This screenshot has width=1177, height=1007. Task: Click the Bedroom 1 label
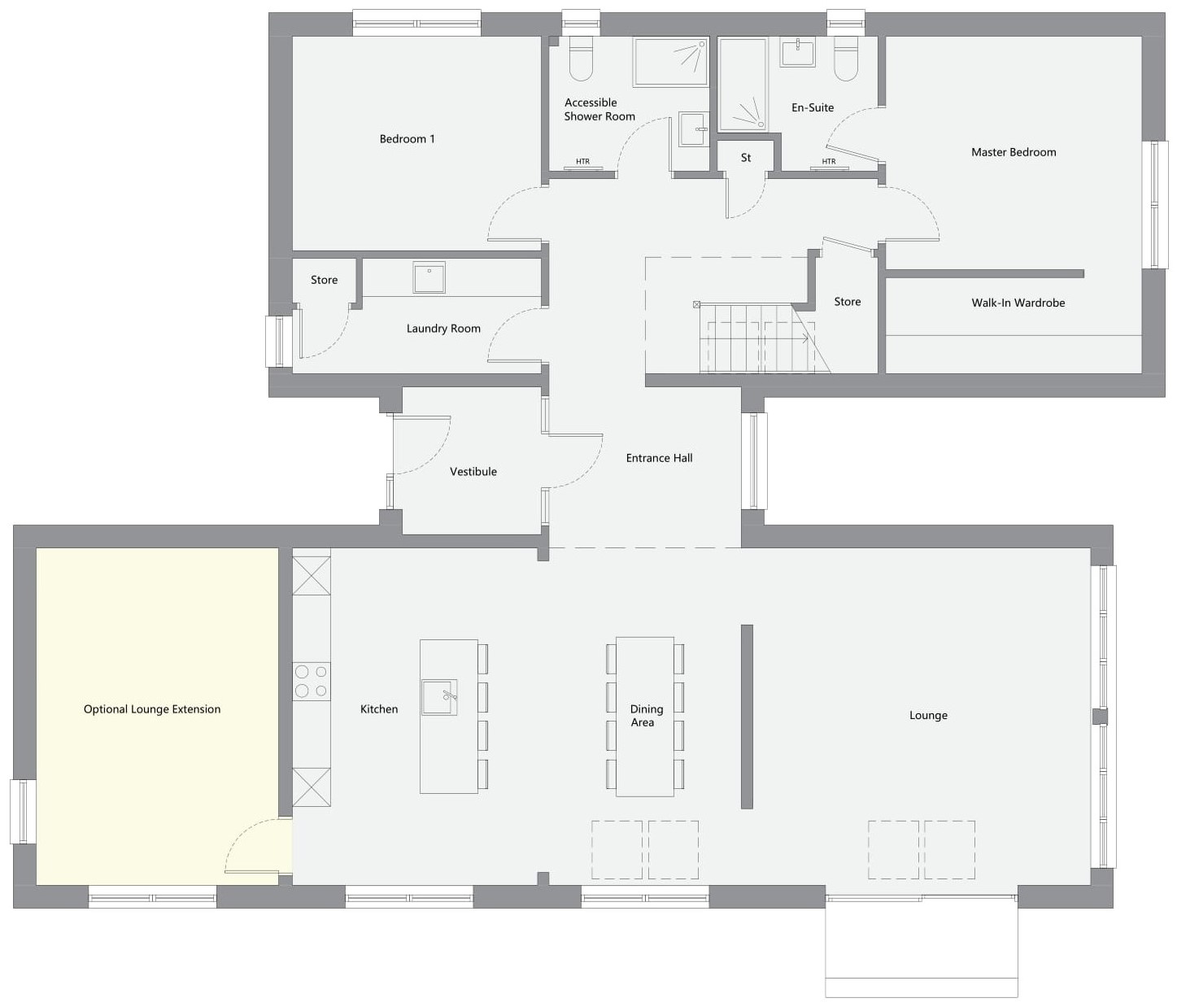[x=407, y=139]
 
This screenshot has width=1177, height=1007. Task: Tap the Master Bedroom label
[x=1014, y=152]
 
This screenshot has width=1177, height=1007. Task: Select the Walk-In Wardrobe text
[x=1018, y=303]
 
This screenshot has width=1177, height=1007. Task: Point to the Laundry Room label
[x=443, y=329]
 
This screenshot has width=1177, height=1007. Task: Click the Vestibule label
[x=473, y=472]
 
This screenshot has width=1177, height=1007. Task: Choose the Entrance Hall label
[x=659, y=458]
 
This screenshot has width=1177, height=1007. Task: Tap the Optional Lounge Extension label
[x=152, y=709]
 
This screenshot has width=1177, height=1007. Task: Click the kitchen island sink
[x=439, y=697]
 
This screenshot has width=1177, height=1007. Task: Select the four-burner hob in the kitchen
[x=312, y=682]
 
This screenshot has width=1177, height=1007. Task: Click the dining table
[x=645, y=716]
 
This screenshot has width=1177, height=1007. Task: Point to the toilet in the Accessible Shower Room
[x=581, y=59]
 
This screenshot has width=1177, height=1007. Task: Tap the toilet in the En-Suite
[x=846, y=59]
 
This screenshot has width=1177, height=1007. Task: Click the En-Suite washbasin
[x=797, y=52]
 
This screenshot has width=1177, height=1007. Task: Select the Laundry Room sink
[x=429, y=277]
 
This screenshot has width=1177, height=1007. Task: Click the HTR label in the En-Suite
[x=828, y=162]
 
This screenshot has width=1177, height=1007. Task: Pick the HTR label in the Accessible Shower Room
[x=582, y=162]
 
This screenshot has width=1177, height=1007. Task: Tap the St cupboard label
[x=745, y=158]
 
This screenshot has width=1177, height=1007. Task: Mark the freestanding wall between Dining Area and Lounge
[x=747, y=716]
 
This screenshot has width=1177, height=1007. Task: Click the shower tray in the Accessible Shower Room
[x=671, y=61]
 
